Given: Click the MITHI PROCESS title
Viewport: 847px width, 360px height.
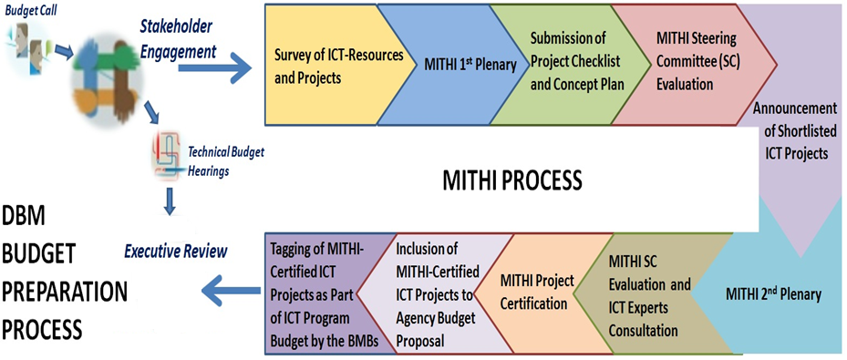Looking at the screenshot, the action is [x=512, y=180].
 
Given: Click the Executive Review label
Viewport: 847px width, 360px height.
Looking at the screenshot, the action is [x=176, y=251].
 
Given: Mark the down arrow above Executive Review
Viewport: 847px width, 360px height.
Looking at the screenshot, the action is [x=170, y=202].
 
